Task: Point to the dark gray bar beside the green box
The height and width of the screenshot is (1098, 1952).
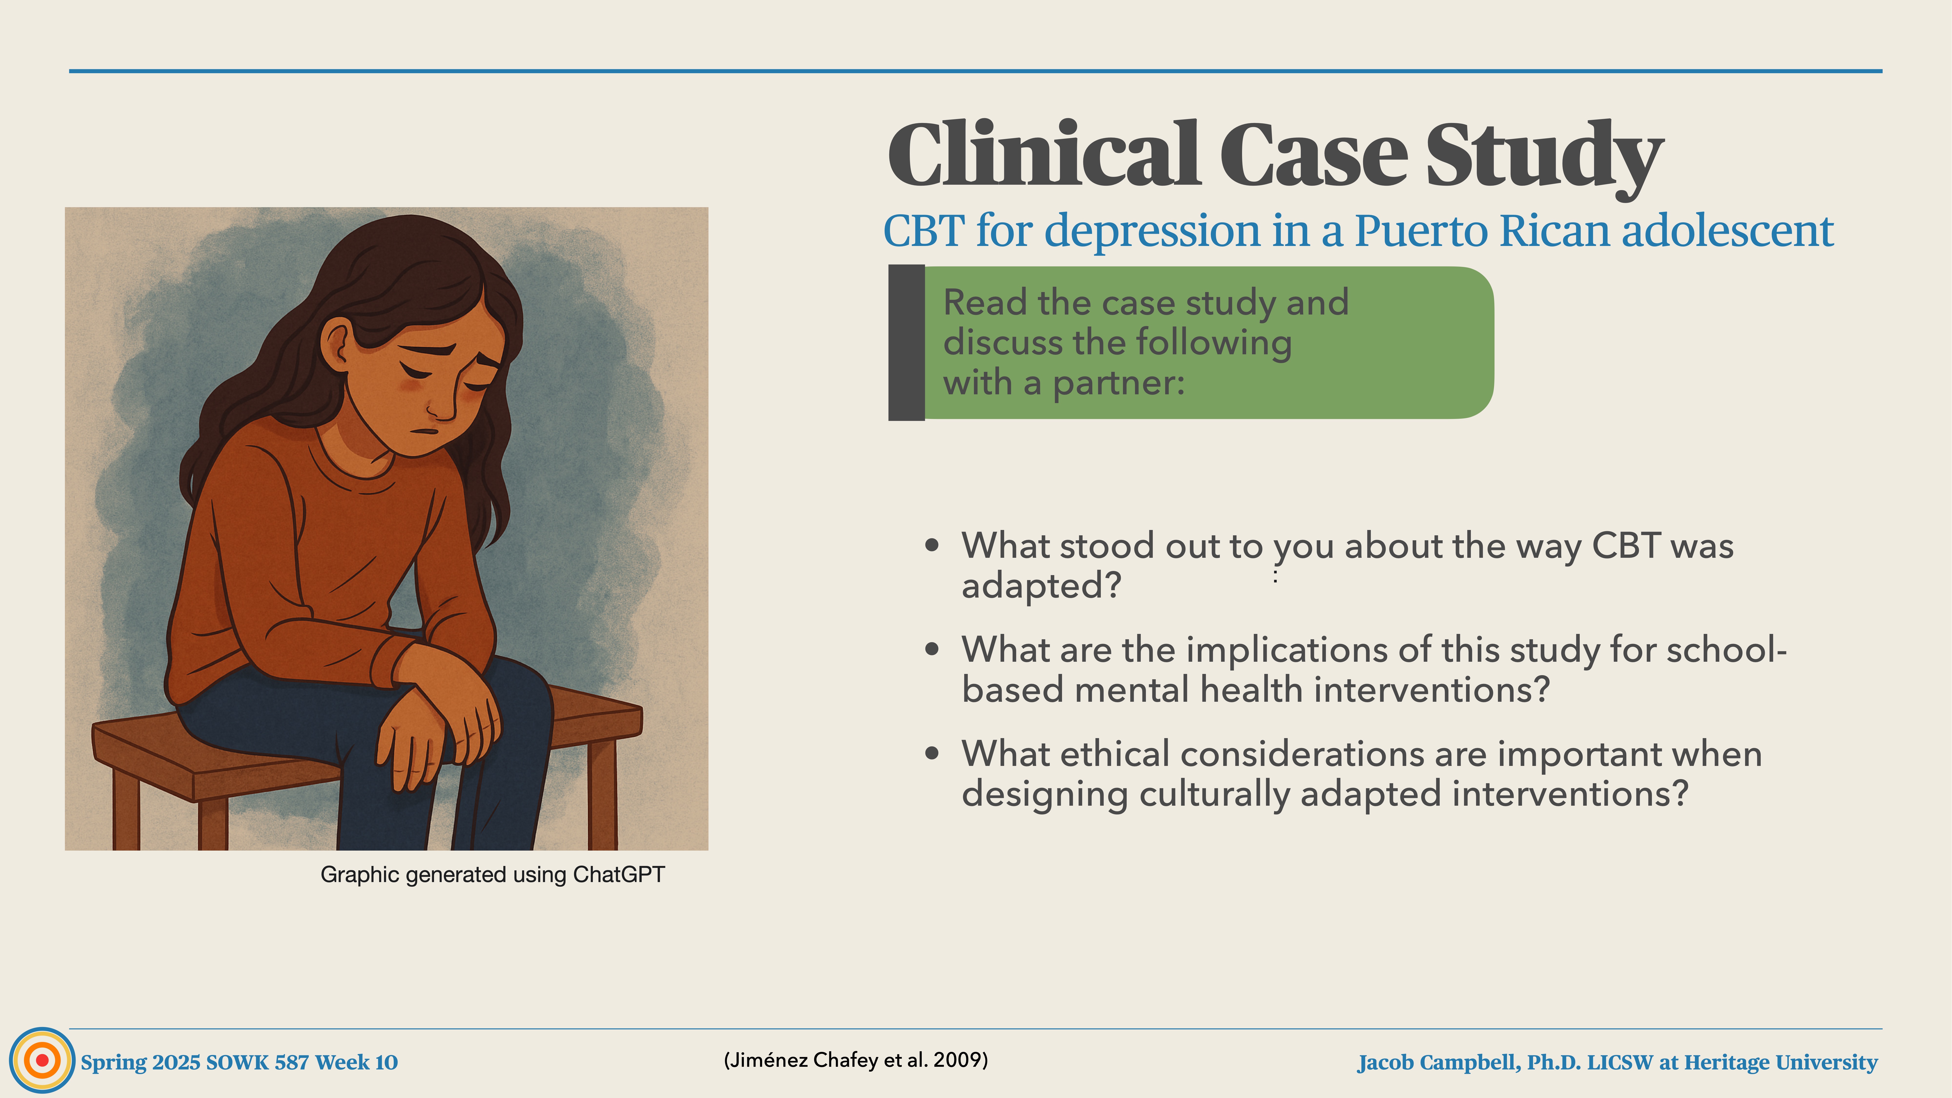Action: click(906, 343)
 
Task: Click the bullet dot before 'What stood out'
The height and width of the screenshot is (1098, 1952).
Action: click(932, 546)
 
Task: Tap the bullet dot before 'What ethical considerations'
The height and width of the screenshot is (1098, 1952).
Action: click(932, 754)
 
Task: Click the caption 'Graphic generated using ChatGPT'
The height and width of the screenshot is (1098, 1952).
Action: click(493, 874)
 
